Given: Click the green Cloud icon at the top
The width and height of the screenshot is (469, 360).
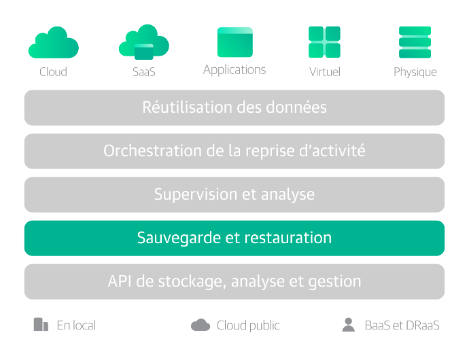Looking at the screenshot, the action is pyautogui.click(x=54, y=43).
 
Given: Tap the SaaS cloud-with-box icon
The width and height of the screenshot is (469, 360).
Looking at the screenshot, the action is pyautogui.click(x=144, y=42).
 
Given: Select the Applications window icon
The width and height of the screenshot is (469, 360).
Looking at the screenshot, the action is pyautogui.click(x=235, y=42).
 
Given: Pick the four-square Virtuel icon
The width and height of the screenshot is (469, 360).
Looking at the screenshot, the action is pyautogui.click(x=324, y=42).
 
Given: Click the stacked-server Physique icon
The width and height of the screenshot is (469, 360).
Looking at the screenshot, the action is pyautogui.click(x=415, y=42).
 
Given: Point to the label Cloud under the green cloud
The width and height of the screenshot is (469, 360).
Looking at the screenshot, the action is pyautogui.click(x=53, y=72).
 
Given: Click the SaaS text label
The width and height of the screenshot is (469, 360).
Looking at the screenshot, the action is pyautogui.click(x=144, y=72).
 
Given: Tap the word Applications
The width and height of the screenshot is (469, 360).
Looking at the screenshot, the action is pyautogui.click(x=234, y=70).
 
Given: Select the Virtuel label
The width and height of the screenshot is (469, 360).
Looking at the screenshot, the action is pyautogui.click(x=325, y=72).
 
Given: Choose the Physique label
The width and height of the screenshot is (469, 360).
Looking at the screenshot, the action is pyautogui.click(x=415, y=73).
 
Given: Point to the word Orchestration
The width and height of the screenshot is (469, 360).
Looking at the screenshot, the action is pyautogui.click(x=152, y=151).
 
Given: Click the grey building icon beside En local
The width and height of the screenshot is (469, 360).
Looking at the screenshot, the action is pyautogui.click(x=41, y=325).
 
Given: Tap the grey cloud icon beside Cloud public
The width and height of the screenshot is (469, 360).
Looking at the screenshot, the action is pyautogui.click(x=201, y=325).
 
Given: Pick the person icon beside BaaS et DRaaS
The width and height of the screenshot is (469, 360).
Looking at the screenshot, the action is pyautogui.click(x=349, y=325).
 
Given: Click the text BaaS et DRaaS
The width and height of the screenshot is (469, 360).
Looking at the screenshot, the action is pyautogui.click(x=402, y=325).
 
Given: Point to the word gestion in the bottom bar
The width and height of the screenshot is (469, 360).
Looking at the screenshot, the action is pyautogui.click(x=334, y=282).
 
